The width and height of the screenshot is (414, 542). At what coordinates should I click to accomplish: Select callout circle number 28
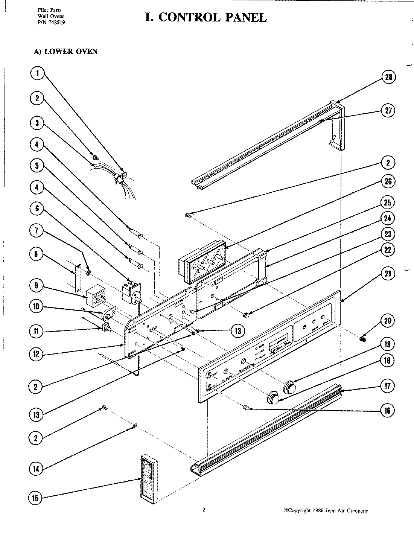[388, 77]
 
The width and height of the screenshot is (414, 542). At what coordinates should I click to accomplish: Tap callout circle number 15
[35, 498]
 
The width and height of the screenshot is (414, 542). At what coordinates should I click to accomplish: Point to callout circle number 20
[388, 321]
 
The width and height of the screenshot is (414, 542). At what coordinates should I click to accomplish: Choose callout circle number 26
[388, 181]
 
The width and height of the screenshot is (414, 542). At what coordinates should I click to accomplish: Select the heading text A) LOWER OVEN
[66, 52]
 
